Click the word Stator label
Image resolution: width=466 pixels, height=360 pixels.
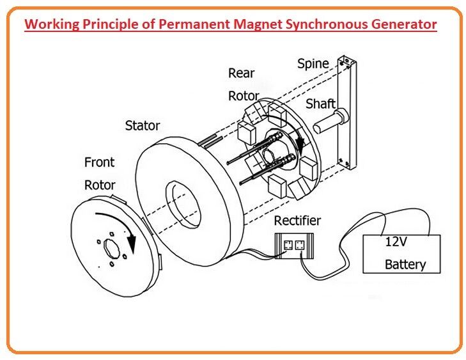pyautogui.click(x=142, y=125)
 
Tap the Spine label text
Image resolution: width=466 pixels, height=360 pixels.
pyautogui.click(x=313, y=64)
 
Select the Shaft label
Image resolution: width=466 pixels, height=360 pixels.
pyautogui.click(x=320, y=104)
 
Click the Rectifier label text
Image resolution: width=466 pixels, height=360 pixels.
pyautogui.click(x=297, y=221)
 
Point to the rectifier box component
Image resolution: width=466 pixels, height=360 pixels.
pyautogui.click(x=293, y=245)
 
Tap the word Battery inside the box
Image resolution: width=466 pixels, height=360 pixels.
pyautogui.click(x=405, y=264)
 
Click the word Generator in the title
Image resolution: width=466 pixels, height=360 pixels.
pyautogui.click(x=401, y=25)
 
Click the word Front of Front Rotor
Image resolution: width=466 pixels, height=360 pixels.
pyautogui.click(x=99, y=162)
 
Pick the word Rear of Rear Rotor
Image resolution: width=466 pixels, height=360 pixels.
pyautogui.click(x=241, y=74)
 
